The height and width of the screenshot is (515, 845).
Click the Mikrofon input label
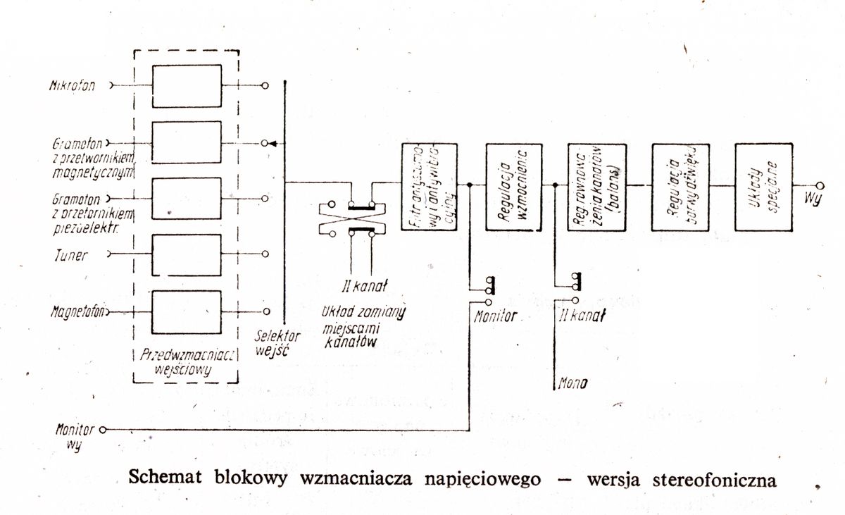click(x=72, y=86)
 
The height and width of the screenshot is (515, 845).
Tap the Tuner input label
click(x=73, y=255)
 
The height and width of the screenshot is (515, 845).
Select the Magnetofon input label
click(x=77, y=311)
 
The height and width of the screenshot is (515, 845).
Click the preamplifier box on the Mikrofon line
click(x=187, y=86)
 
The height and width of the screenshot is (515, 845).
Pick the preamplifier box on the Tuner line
click(x=187, y=254)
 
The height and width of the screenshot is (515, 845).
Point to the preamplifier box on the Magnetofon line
click(x=187, y=311)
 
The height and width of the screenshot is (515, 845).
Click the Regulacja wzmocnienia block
click(x=513, y=187)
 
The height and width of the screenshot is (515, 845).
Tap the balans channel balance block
click(x=596, y=187)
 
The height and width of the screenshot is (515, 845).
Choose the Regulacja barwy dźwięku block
click(x=680, y=187)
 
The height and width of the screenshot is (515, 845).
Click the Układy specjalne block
click(x=763, y=187)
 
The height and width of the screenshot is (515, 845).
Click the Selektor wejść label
click(x=278, y=342)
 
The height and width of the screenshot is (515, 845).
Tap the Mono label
click(x=572, y=385)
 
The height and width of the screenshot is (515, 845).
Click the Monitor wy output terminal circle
click(x=103, y=429)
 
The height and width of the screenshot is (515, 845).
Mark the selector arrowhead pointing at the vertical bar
click(x=272, y=143)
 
